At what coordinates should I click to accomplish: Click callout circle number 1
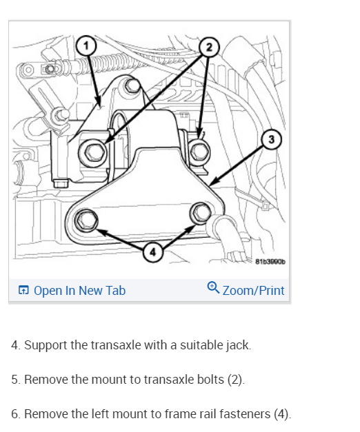pyautogui.click(x=86, y=45)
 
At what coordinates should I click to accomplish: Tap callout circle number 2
pyautogui.click(x=209, y=47)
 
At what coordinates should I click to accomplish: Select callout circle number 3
pyautogui.click(x=272, y=139)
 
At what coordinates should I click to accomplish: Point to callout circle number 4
pyautogui.click(x=153, y=251)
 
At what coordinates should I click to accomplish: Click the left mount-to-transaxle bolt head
pyautogui.click(x=92, y=152)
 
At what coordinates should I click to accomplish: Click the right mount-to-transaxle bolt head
pyautogui.click(x=199, y=152)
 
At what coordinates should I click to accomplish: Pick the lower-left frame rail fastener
pyautogui.click(x=86, y=220)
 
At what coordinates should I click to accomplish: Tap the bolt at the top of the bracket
pyautogui.click(x=132, y=85)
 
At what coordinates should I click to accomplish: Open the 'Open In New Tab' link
pyautogui.click(x=79, y=290)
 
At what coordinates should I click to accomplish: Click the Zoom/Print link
pyautogui.click(x=253, y=290)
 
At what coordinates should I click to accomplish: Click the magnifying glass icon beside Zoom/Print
pyautogui.click(x=213, y=287)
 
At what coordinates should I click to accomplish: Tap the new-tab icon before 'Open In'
pyautogui.click(x=23, y=290)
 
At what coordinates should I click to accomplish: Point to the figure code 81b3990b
pyautogui.click(x=270, y=261)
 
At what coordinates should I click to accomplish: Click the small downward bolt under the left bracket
pyautogui.click(x=61, y=183)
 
